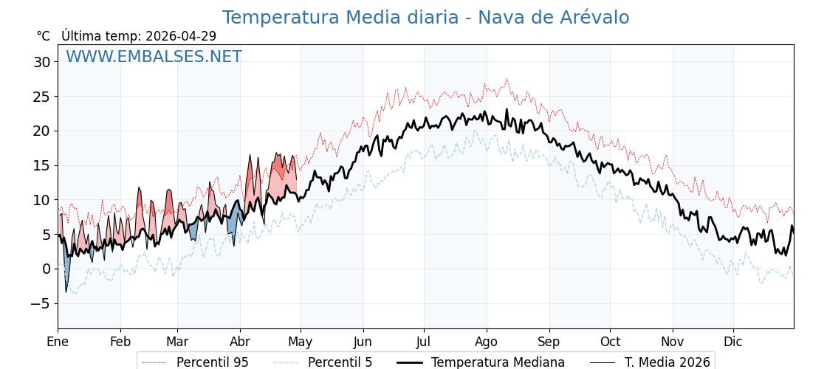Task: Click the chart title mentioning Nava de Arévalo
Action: [x=425, y=18]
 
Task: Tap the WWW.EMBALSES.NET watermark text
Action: [x=154, y=57]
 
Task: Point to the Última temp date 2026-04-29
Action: [x=180, y=36]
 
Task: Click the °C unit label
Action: [x=44, y=36]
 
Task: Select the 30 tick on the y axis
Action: [x=41, y=62]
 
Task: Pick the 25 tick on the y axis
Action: [x=41, y=97]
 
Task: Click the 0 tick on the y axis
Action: [x=46, y=269]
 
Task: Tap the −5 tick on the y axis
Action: [x=41, y=303]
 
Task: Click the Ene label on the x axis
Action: [x=58, y=342]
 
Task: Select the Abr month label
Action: [x=240, y=342]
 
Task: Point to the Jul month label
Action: [x=424, y=342]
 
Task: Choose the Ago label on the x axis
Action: [x=487, y=342]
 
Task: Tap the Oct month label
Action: [x=610, y=342]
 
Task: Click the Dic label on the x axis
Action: [x=733, y=342]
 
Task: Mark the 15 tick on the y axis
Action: [x=41, y=165]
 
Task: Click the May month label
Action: [x=300, y=342]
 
